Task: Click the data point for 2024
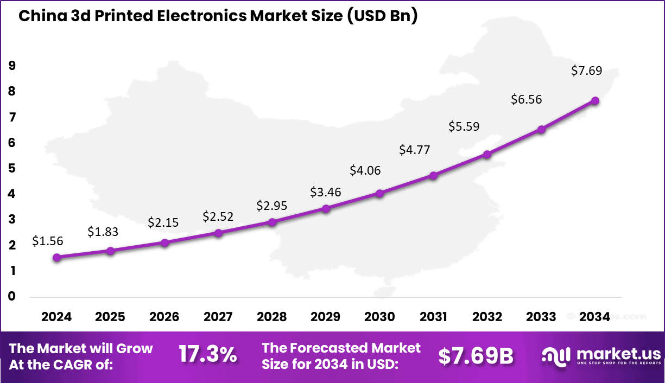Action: (x=56, y=257)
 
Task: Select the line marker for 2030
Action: (x=379, y=193)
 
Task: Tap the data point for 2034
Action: (x=595, y=101)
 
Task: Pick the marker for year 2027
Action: (x=218, y=233)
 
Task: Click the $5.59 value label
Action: (x=464, y=126)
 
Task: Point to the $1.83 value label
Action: (x=103, y=232)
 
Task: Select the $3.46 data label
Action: (x=325, y=191)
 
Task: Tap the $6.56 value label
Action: (x=527, y=99)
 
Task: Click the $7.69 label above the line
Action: (x=587, y=71)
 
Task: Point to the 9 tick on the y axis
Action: (x=12, y=66)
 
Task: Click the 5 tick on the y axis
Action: (x=12, y=168)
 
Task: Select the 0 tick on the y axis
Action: (x=12, y=296)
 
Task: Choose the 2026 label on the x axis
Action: (x=164, y=317)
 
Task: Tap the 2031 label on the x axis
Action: (x=433, y=317)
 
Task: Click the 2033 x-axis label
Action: (x=541, y=317)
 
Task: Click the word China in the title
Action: (x=37, y=16)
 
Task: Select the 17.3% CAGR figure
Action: (x=208, y=355)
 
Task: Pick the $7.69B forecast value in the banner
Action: (x=476, y=356)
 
